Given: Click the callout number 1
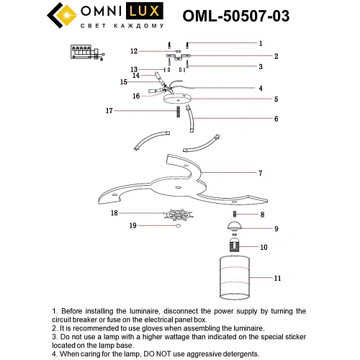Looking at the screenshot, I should tap(261, 43).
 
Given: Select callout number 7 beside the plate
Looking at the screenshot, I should tap(261, 174).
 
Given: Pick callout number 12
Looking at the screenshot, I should tap(134, 51).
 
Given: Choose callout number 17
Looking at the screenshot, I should tap(109, 111).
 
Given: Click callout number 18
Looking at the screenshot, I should tap(114, 213).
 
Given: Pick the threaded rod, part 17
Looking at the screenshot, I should tap(176, 110).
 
